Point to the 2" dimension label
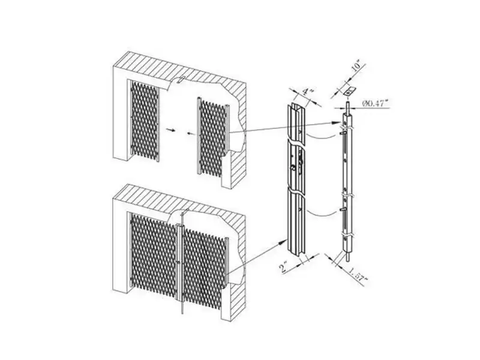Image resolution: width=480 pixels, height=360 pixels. [283, 267]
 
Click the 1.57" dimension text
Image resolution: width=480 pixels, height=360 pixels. [358, 274]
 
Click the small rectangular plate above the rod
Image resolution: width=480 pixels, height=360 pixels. [349, 91]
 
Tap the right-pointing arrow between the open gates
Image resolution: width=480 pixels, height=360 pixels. [171, 130]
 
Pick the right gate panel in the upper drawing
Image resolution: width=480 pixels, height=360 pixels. [214, 136]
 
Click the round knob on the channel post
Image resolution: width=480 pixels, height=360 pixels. [293, 168]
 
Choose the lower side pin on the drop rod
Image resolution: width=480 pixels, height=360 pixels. [343, 209]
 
